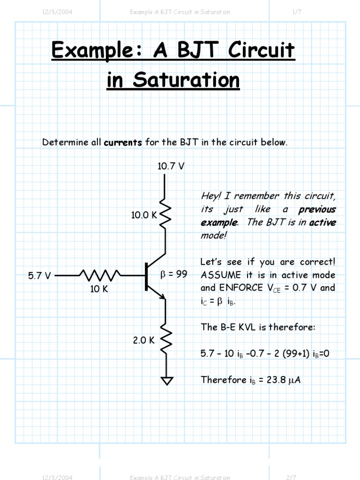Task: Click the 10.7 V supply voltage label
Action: pyautogui.click(x=171, y=166)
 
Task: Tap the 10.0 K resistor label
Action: pyautogui.click(x=144, y=215)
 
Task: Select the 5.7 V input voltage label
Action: pyautogui.click(x=39, y=276)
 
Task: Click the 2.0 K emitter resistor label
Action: pyautogui.click(x=143, y=341)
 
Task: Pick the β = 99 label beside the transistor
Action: pyautogui.click(x=174, y=275)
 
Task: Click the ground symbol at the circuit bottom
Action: pyautogui.click(x=165, y=381)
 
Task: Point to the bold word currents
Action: pyautogui.click(x=123, y=142)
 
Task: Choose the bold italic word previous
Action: pyautogui.click(x=317, y=209)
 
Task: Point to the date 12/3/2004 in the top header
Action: pyautogui.click(x=57, y=12)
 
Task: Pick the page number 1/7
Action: pyautogui.click(x=296, y=12)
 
